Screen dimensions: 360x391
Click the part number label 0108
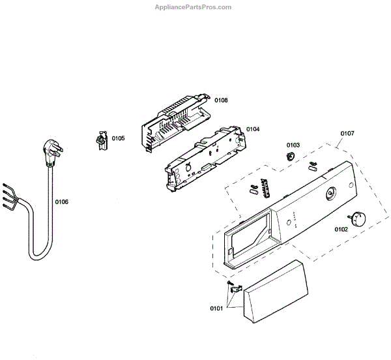point(222,100)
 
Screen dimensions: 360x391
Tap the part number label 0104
point(253,129)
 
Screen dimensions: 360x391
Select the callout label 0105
point(118,138)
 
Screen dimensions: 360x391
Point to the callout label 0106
point(61,202)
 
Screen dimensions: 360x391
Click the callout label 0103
point(293,145)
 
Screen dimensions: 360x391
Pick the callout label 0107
point(347,134)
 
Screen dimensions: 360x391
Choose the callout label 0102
point(341,229)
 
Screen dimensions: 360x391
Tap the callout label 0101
point(216,307)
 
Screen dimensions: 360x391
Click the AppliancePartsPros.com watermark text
point(192,7)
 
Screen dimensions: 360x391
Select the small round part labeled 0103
point(290,156)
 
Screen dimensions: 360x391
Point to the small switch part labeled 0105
point(100,141)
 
